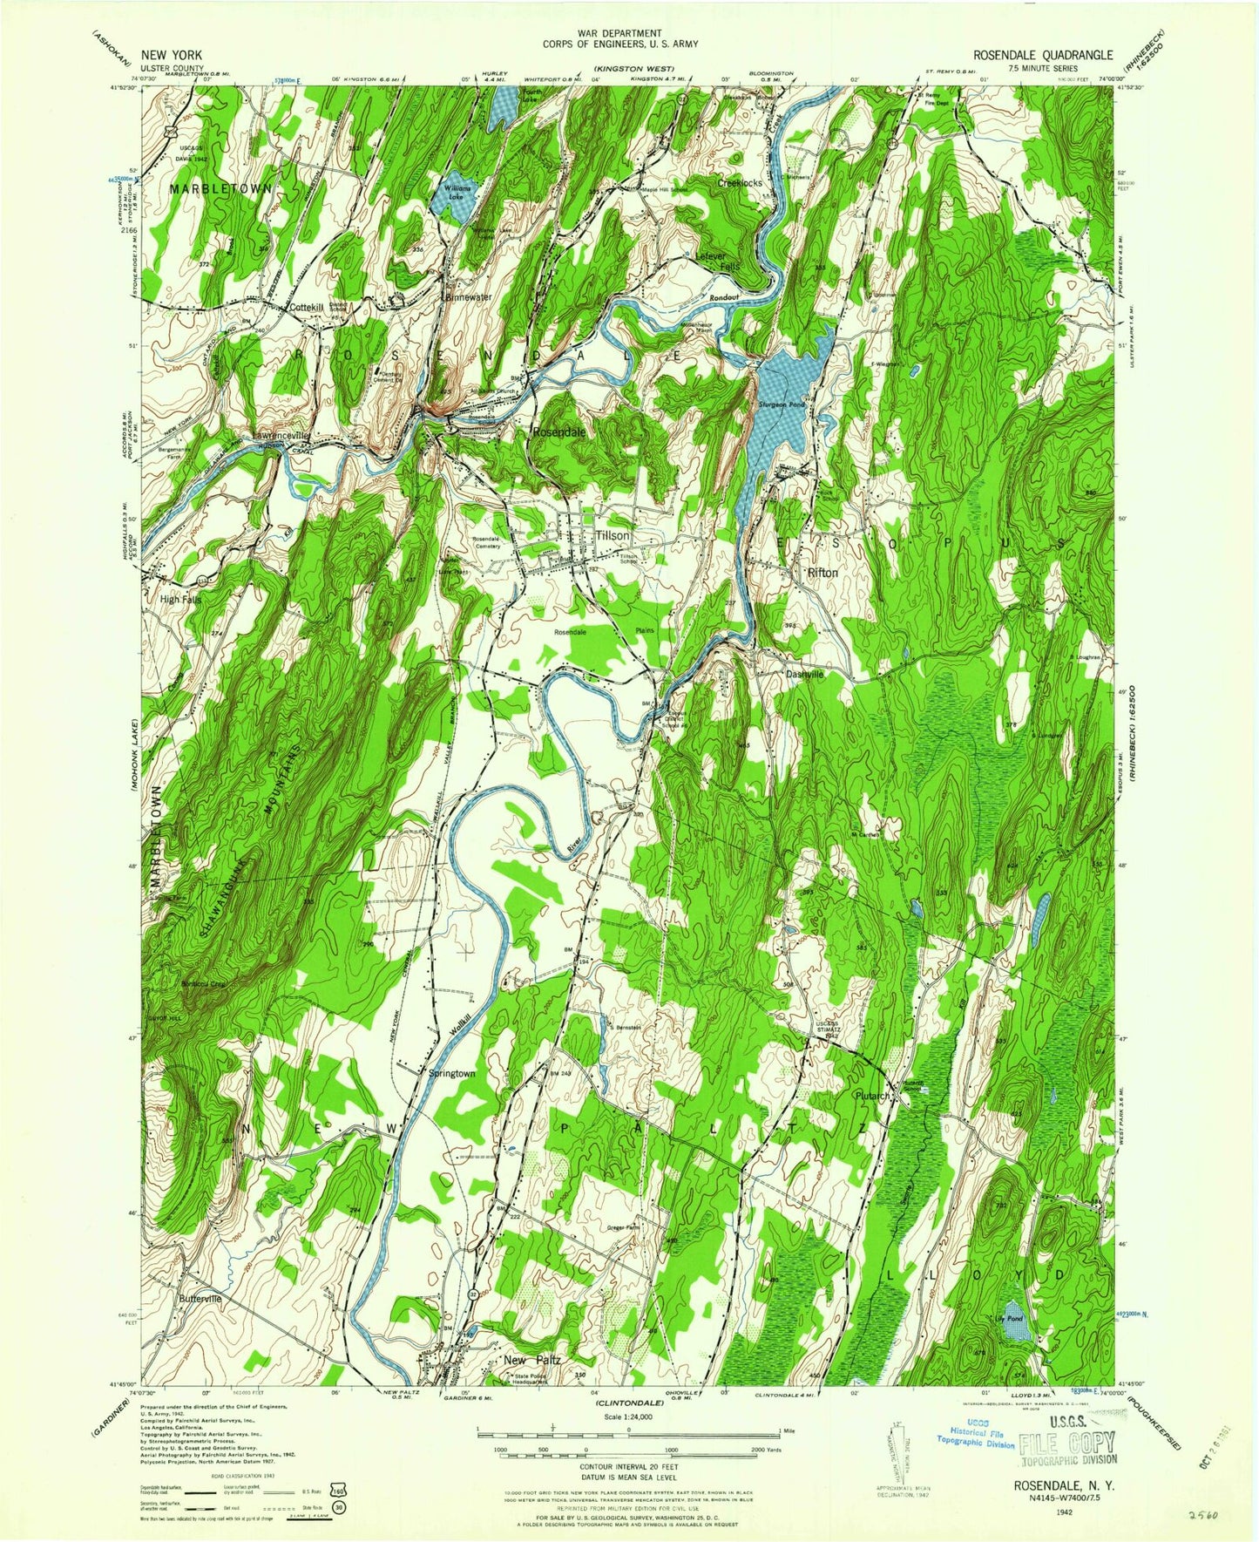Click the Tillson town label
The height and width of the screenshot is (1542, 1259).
(x=612, y=535)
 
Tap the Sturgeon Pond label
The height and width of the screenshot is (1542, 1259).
(x=782, y=405)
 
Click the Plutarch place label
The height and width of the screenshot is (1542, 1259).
(x=872, y=1096)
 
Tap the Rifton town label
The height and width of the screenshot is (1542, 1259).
(x=822, y=573)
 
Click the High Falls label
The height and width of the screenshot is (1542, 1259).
(x=179, y=600)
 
